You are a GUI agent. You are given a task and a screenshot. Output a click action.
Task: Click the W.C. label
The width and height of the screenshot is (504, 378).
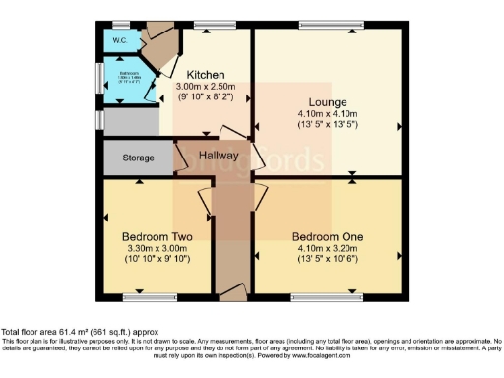click(120, 40)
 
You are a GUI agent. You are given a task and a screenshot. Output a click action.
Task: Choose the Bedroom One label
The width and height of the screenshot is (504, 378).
click(328, 237)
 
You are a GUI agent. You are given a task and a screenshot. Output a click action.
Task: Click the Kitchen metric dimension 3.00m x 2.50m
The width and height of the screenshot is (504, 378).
click(204, 87)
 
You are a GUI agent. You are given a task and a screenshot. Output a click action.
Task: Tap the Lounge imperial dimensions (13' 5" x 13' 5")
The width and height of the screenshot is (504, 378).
click(328, 125)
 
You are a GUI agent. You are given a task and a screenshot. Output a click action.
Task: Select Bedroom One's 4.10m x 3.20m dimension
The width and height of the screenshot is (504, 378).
click(328, 248)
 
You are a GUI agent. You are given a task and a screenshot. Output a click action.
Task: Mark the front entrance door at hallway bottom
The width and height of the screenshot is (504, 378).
click(232, 291)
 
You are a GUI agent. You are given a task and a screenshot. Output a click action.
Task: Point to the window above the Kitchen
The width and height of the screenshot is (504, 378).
click(208, 25)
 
